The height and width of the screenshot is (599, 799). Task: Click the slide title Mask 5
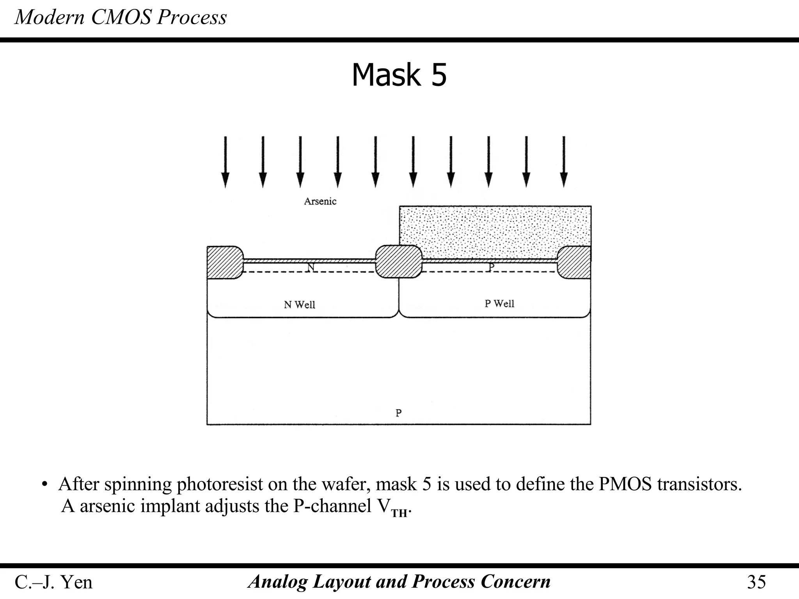[x=399, y=75]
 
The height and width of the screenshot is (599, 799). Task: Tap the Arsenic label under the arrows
[x=320, y=201]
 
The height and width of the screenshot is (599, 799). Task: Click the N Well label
[x=299, y=305]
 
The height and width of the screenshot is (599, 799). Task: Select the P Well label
[x=499, y=303]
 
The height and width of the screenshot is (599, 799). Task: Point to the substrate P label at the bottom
[x=398, y=413]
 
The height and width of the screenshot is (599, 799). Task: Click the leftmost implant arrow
[x=225, y=162]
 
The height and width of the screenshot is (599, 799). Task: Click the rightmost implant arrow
[x=564, y=162]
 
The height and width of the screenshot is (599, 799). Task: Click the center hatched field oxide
[x=399, y=261]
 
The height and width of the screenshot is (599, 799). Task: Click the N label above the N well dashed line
[x=311, y=268]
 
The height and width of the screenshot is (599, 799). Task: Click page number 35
[x=756, y=582]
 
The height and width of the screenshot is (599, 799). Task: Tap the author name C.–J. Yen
[x=53, y=582]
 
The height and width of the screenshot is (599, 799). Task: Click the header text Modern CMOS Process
[x=121, y=17]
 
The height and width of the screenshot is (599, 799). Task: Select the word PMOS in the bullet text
[x=625, y=484]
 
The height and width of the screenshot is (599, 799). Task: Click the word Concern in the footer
[x=515, y=581]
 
